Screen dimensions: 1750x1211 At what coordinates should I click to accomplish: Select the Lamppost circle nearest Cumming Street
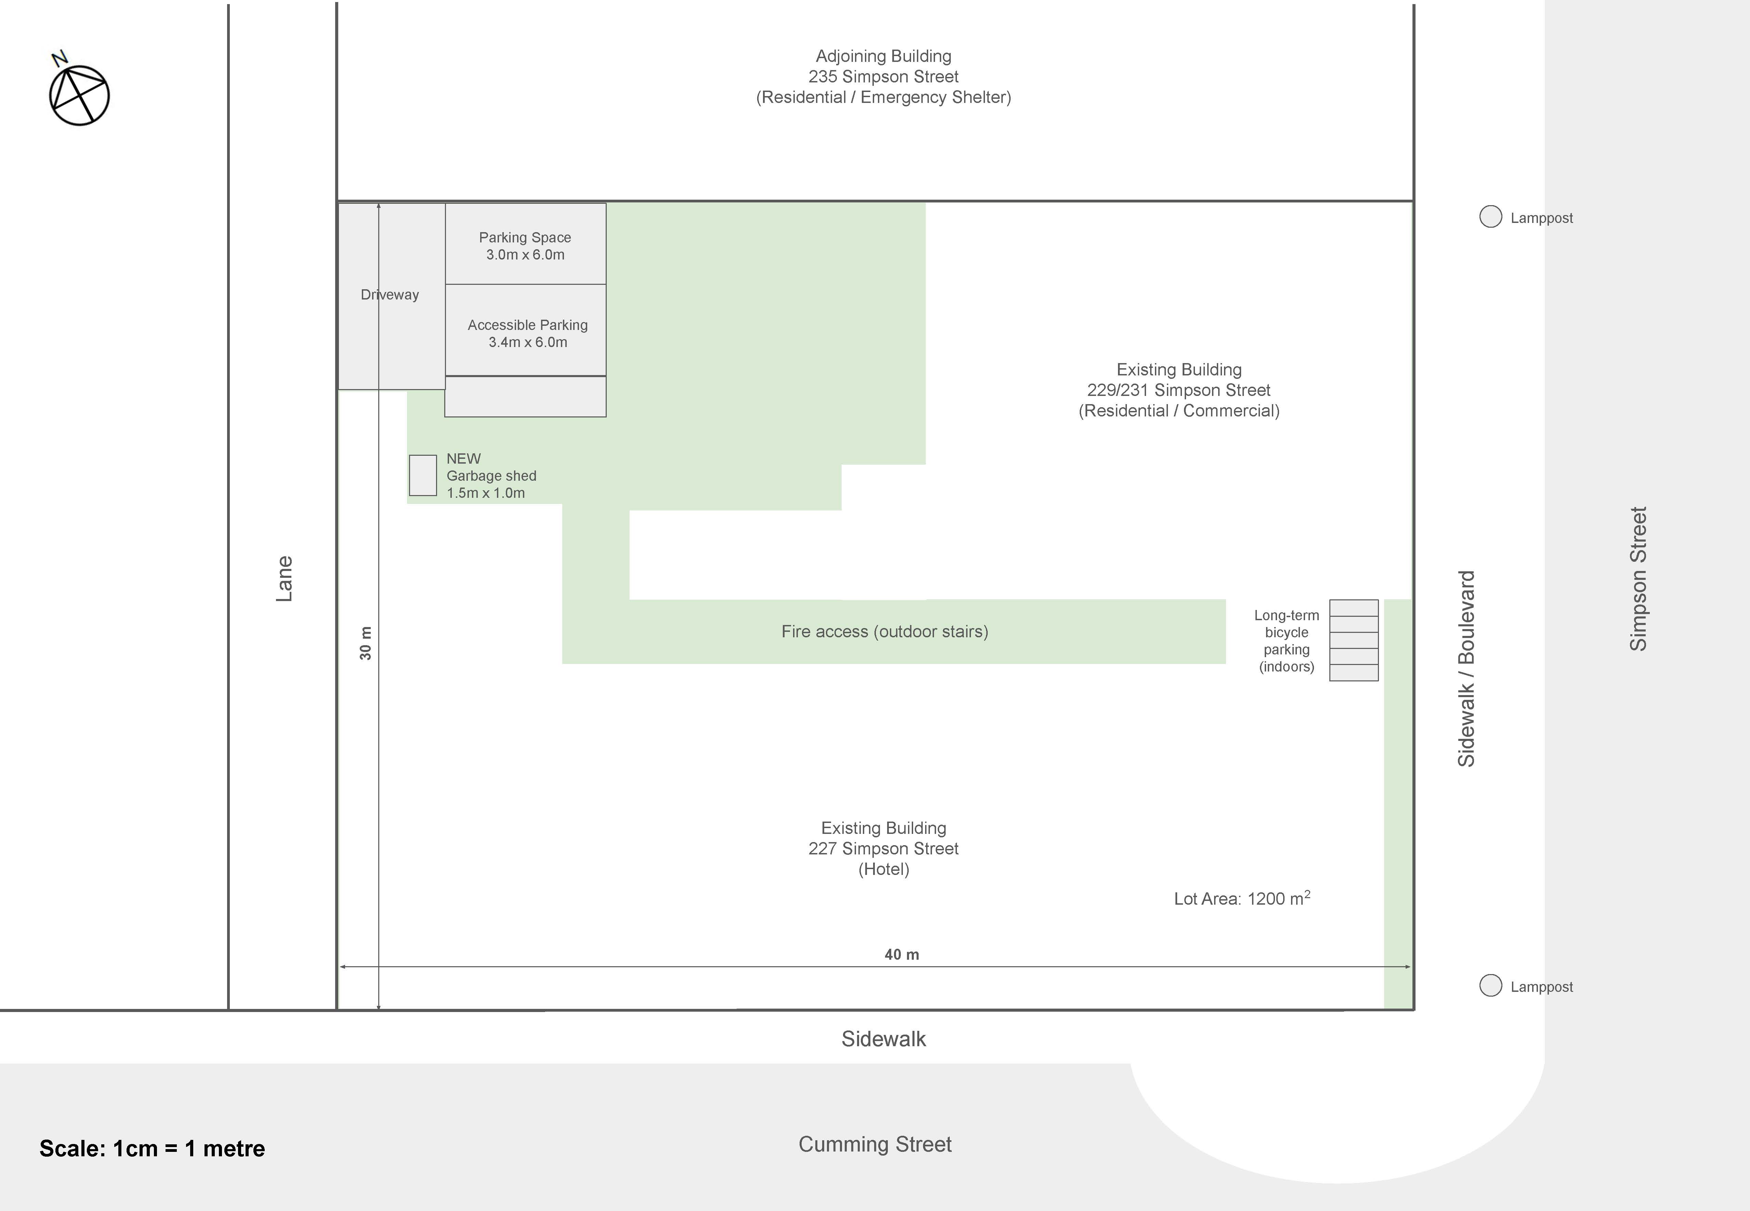tap(1490, 986)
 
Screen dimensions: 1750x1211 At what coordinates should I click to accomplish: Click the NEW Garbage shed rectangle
tap(423, 476)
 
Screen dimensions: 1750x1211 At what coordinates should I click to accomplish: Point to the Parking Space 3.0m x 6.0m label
tap(525, 246)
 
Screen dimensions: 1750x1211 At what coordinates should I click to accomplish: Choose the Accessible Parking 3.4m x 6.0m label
tap(527, 333)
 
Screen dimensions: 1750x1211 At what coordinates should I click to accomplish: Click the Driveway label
tap(389, 294)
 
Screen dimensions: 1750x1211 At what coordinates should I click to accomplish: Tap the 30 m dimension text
tap(366, 643)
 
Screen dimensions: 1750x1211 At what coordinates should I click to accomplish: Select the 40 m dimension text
tap(902, 955)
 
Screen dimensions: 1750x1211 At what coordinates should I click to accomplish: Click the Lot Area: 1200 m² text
tap(1242, 899)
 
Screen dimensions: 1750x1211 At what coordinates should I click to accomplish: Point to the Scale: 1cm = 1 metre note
tap(152, 1148)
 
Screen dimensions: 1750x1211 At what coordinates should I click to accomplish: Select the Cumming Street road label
tap(875, 1144)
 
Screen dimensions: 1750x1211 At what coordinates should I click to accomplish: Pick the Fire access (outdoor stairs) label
tap(885, 631)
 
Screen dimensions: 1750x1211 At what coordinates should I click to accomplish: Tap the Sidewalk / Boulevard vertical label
tap(1466, 668)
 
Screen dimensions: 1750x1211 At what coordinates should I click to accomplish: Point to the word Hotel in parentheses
tap(884, 869)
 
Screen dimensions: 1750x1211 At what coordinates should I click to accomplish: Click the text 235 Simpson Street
tap(883, 77)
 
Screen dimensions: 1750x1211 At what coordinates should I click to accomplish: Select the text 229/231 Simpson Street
tap(1179, 390)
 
